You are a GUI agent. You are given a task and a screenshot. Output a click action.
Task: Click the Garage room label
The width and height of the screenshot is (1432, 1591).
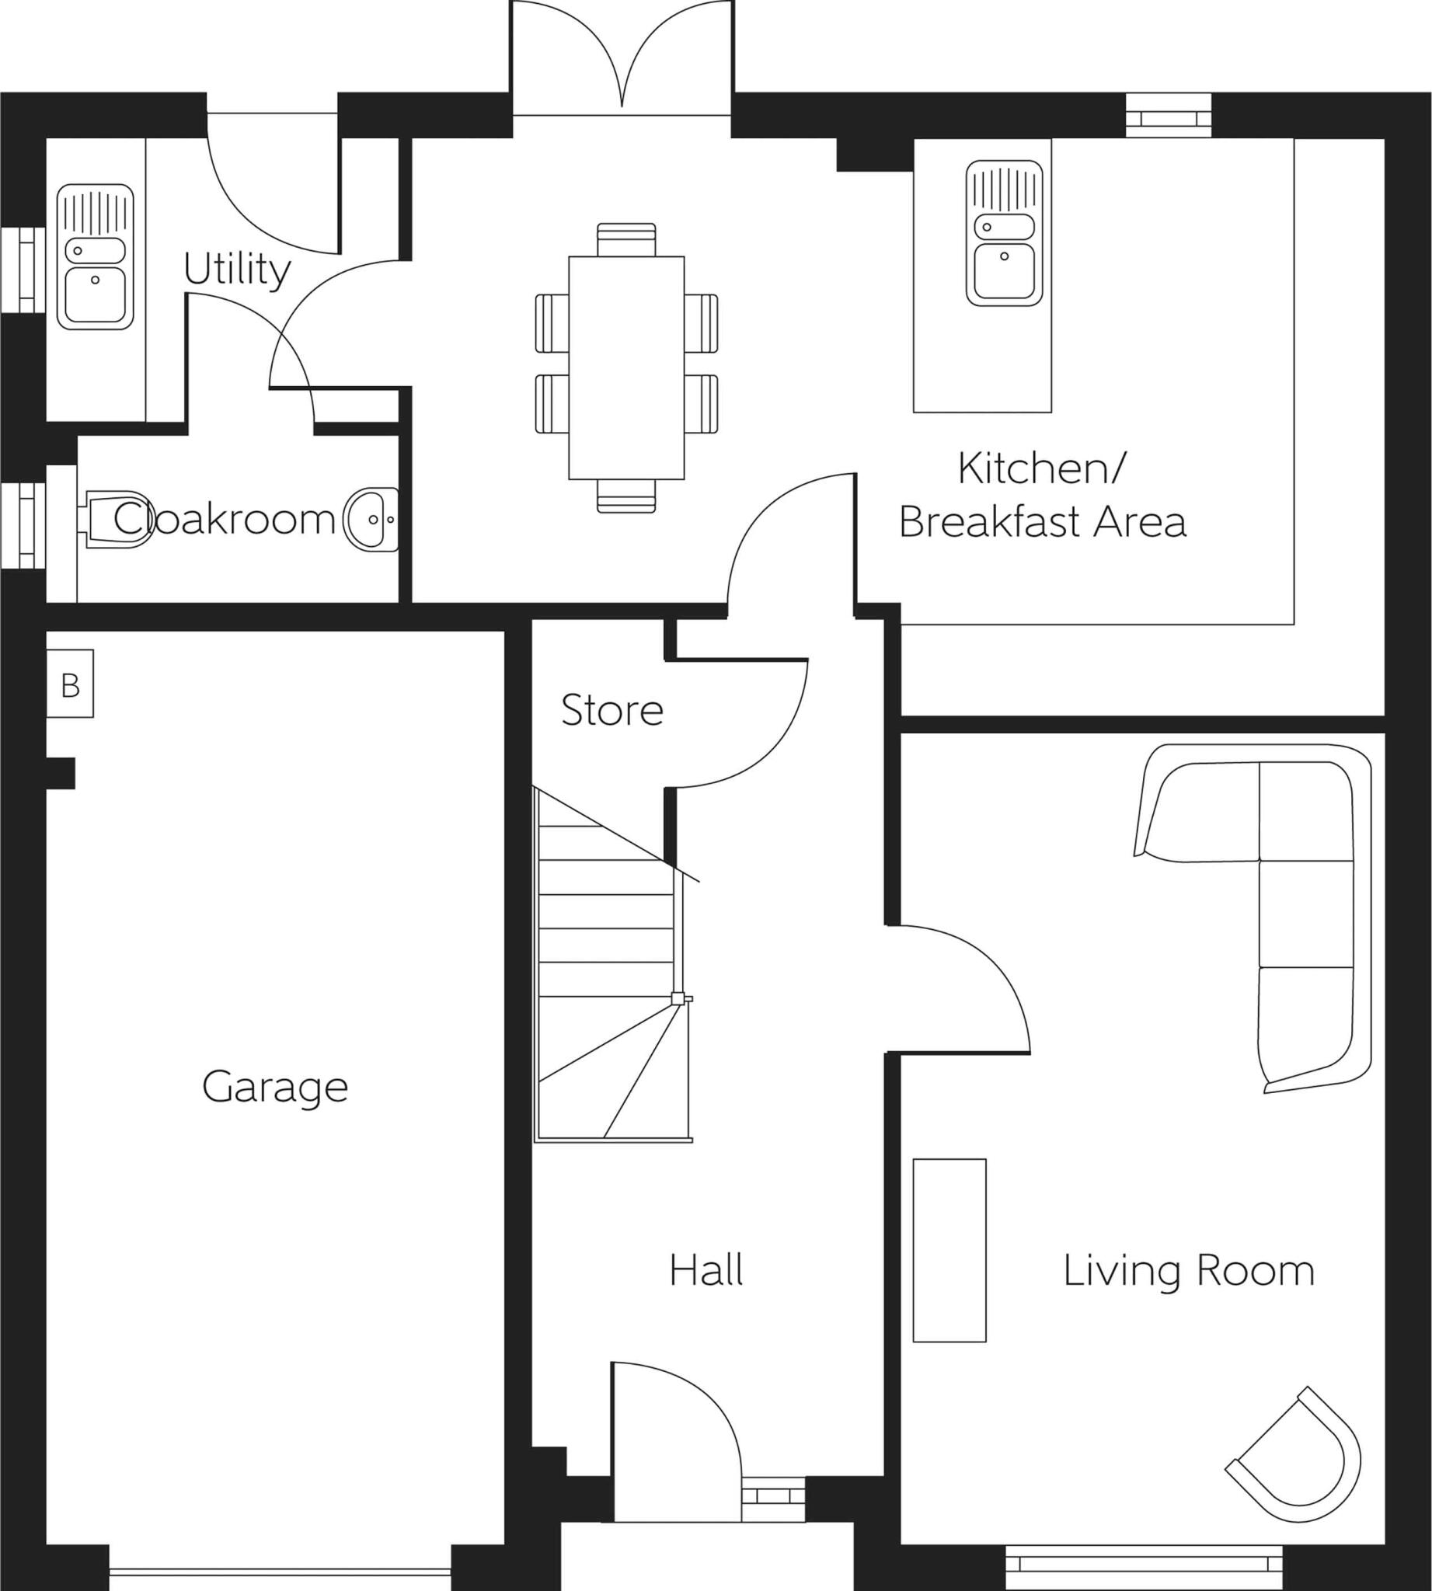274,1088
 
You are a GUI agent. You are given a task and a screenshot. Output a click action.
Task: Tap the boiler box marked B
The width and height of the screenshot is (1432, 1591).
70,684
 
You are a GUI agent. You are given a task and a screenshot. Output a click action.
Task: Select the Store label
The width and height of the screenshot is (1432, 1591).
611,711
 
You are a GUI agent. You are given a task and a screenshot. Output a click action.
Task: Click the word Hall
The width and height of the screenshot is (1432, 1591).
706,1271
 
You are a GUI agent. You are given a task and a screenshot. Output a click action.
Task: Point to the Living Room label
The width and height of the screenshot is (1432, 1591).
1188,1272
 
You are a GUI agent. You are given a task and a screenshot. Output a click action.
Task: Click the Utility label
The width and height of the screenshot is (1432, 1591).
236,270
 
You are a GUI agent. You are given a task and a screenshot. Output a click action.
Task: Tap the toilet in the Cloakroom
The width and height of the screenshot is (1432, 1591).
118,519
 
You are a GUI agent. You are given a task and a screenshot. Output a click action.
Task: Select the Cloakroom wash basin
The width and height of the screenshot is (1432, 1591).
372,519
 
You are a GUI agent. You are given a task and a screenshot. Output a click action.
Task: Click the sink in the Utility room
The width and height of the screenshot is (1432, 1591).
96,256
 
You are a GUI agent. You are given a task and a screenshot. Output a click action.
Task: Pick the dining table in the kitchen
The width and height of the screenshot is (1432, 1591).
626,367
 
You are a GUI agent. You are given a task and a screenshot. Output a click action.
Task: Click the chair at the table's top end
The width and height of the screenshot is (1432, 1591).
626,238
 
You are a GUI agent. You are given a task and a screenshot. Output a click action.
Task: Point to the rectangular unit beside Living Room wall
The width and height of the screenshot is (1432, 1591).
949,1250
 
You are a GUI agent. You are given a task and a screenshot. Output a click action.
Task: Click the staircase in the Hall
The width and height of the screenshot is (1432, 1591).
606,968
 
